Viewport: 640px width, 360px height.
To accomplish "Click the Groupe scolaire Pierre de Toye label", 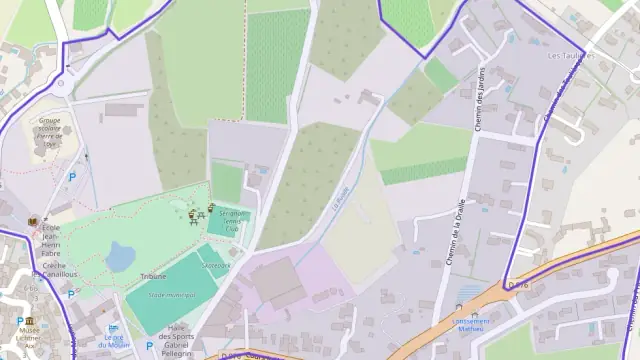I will coord(50,131).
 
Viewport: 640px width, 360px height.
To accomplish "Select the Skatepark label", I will coord(215,265).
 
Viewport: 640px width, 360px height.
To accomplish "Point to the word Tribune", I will coord(153,275).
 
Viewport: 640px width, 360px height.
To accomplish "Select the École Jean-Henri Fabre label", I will coord(51,241).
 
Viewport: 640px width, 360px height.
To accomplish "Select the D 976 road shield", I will coord(517,284).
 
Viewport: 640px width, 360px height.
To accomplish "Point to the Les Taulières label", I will coord(571,56).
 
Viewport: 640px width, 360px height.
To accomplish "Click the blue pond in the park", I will coord(120,258).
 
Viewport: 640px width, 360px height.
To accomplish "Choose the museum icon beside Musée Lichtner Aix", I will coord(19,321).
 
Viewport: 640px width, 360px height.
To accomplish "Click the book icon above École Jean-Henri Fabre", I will coord(33,219).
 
